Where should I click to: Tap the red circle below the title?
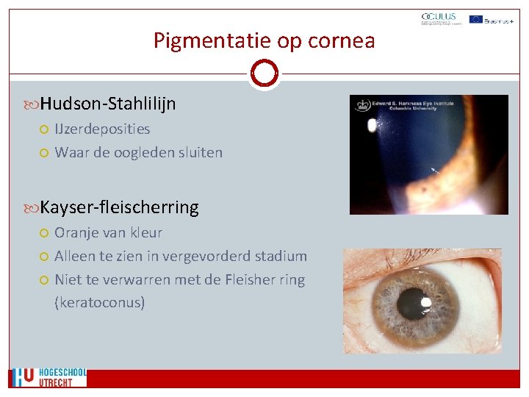tap(264, 73)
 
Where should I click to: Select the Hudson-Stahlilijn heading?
tap(108, 104)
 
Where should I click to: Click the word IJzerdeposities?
tap(102, 129)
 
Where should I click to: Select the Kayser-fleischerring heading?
tap(119, 207)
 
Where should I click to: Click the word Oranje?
tap(77, 232)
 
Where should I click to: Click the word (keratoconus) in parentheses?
tap(100, 302)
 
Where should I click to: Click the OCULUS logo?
tap(439, 18)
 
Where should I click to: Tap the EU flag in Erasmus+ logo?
tap(476, 18)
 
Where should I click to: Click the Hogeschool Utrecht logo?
tap(48, 377)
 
